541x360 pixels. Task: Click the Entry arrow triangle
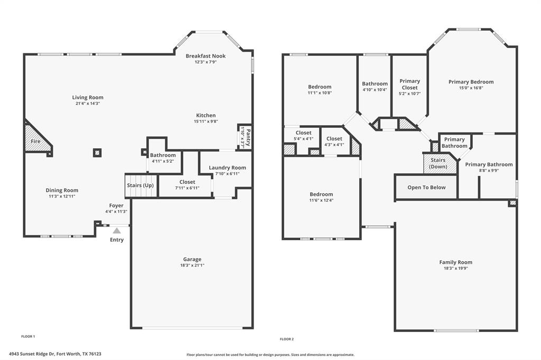117,230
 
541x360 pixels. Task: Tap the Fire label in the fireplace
35,142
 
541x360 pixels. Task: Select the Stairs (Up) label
141,185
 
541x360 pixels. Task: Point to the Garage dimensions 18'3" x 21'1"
192,266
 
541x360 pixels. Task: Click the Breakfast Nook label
206,56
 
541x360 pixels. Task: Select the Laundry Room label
227,168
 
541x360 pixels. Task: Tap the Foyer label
116,205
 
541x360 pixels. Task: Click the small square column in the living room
97,153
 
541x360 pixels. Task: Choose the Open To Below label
426,187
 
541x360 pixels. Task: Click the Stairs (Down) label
438,163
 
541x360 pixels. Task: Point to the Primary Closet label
409,84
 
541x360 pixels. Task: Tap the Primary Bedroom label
471,82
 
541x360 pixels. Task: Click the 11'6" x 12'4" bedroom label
321,200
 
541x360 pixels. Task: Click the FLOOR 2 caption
286,339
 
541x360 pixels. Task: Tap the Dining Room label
62,190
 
